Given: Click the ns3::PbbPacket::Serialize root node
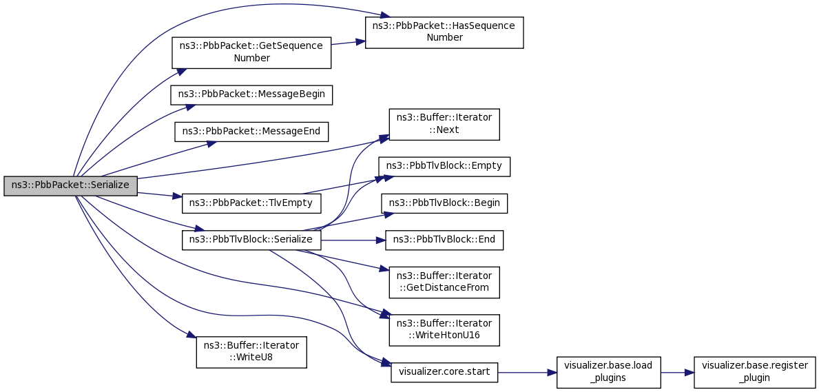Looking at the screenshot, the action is tap(70, 187).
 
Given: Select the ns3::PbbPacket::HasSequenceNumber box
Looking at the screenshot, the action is tap(444, 32).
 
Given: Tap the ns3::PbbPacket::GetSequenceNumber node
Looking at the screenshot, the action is tap(251, 52).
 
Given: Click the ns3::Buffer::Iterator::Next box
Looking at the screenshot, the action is tap(444, 125).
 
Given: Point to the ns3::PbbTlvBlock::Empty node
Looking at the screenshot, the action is tap(444, 166).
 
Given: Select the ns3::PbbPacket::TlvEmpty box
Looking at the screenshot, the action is tap(251, 203).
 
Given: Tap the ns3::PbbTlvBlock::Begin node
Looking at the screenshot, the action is tap(444, 203).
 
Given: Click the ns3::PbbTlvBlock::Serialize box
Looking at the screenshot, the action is tap(251, 240).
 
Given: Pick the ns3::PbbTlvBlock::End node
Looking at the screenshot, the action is tap(444, 240).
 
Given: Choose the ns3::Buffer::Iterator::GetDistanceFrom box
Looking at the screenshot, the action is tap(444, 282).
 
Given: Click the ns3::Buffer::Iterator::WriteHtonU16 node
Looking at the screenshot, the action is tap(444, 330).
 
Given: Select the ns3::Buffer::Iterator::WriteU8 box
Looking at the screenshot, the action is tap(251, 352).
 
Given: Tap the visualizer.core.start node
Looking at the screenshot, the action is tap(444, 373).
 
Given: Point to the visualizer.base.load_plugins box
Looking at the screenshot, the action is tap(609, 373).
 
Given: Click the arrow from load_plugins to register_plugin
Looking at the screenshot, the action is tap(678, 373).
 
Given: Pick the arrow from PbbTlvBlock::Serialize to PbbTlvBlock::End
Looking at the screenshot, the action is tap(353, 240).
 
